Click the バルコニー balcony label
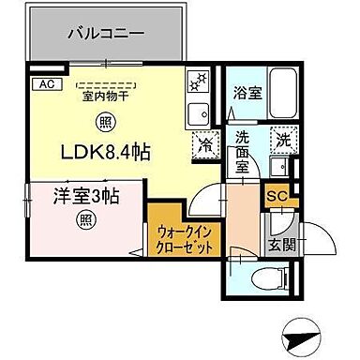[x=104, y=35]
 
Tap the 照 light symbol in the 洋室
[x=60, y=221]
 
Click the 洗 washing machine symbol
[x=282, y=140]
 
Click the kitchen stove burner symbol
[x=200, y=83]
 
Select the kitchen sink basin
[x=200, y=114]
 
